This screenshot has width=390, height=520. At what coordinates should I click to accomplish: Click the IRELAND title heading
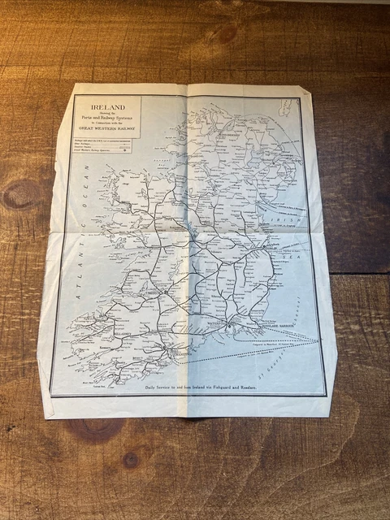click(x=106, y=105)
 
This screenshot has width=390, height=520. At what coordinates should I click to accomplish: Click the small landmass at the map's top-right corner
click(x=285, y=106)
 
